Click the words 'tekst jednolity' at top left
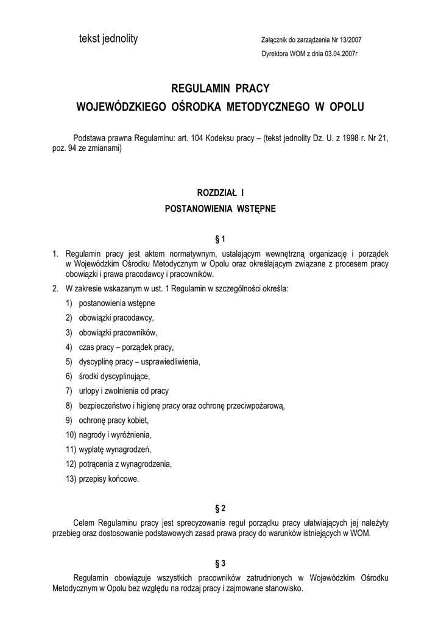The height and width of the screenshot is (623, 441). pos(108,40)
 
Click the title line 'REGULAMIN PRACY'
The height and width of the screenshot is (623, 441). pos(220,88)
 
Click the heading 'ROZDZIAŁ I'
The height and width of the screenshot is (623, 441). pos(220,193)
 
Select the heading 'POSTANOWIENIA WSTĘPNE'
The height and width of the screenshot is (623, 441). pos(220,209)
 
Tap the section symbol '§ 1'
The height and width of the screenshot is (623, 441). pos(220,238)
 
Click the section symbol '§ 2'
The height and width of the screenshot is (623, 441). pos(220,508)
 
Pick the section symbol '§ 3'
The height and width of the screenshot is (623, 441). pos(220,563)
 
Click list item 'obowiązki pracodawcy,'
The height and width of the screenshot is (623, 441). pos(116,318)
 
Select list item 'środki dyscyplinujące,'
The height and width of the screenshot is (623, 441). pos(115,376)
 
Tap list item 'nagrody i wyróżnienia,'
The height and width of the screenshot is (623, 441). pos(115,435)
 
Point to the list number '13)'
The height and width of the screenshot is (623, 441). pos(71,479)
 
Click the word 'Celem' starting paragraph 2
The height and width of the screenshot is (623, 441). pos(84,522)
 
